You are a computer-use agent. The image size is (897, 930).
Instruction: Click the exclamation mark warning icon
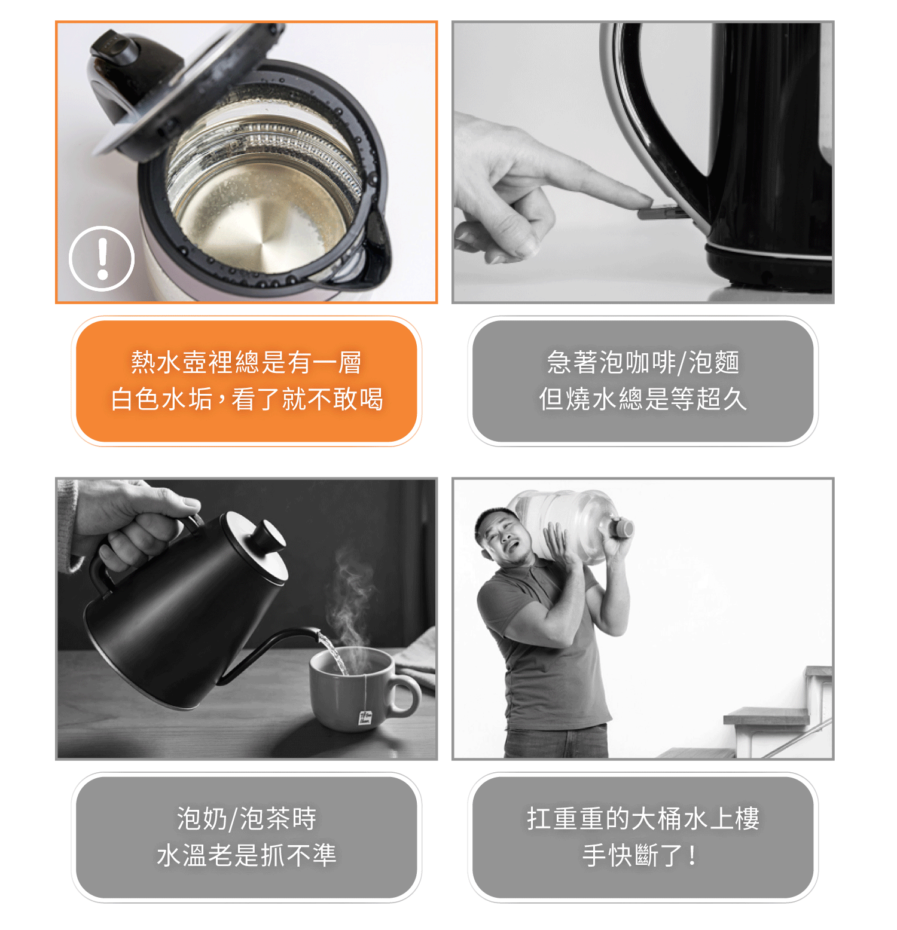tap(102, 259)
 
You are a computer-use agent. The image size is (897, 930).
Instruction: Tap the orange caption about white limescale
tap(246, 381)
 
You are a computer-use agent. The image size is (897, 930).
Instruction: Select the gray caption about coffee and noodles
tap(643, 381)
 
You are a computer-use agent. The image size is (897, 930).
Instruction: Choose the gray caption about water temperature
tap(246, 837)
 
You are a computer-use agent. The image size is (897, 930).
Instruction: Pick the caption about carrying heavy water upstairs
tap(643, 837)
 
